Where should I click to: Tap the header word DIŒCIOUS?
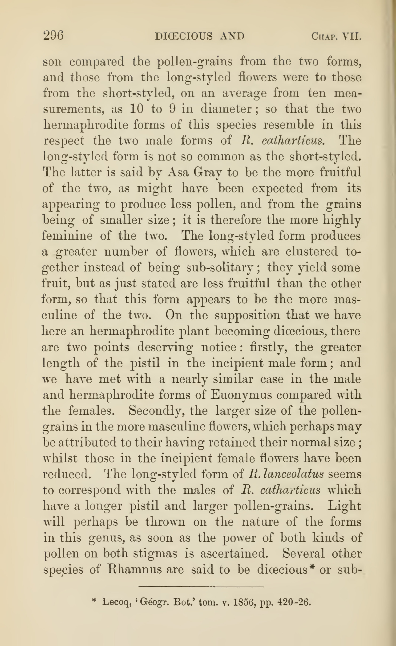184,36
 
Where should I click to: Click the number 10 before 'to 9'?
137,109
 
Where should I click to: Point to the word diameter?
226,109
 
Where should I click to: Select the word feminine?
67,236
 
